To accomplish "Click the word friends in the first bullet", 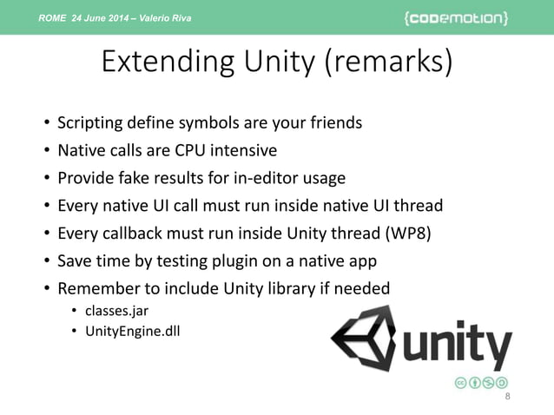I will (333, 122).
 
